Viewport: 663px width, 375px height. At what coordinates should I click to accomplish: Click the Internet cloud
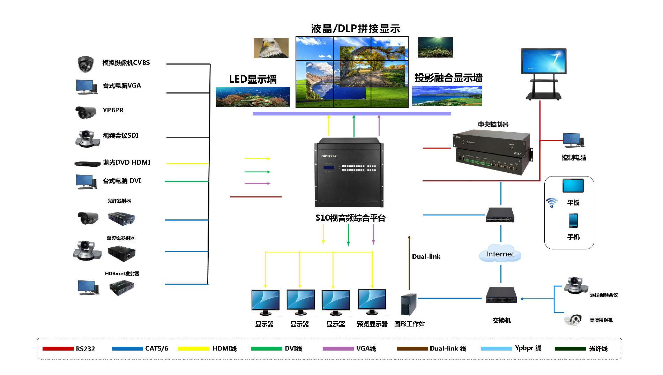coord(500,254)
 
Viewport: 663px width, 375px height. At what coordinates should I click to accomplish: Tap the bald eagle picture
coord(271,48)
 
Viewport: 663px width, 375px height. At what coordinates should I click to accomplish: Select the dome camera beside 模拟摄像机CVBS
coord(85,64)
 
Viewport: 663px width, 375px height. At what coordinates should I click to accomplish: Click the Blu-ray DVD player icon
coord(87,163)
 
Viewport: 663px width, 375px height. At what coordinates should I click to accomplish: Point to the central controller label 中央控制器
coord(493,125)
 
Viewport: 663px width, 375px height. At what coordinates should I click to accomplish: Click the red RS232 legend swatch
coord(58,348)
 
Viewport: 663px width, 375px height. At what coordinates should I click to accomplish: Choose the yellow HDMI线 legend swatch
coord(193,348)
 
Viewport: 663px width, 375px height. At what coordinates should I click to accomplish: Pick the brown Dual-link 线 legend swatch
coord(412,348)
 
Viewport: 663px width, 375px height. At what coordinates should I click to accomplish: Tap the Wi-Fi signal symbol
coord(552,202)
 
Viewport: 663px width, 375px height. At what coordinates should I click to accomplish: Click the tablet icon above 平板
coord(573,186)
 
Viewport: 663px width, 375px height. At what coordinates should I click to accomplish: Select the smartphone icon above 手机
coord(573,220)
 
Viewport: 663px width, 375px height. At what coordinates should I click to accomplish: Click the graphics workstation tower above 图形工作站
coord(409,305)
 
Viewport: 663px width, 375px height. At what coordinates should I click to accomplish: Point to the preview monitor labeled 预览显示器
coord(372,302)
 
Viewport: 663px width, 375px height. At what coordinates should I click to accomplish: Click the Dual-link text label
coord(426,257)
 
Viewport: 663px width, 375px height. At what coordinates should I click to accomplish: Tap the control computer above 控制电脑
coord(573,140)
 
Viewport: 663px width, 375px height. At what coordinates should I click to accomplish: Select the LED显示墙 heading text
coord(253,79)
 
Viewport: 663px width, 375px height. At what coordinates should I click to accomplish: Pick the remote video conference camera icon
coord(575,286)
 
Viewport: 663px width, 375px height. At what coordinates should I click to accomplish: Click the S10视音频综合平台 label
coord(350,218)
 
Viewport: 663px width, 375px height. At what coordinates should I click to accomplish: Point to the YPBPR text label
coord(113,110)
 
